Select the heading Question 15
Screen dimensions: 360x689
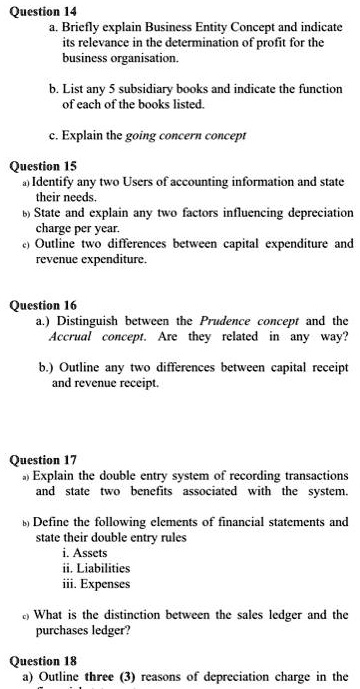[x=41, y=166]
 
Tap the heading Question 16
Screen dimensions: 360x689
[x=41, y=304]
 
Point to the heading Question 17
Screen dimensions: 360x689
[x=41, y=461]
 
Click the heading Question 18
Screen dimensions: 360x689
[x=41, y=661]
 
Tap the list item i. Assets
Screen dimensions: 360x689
[x=82, y=552]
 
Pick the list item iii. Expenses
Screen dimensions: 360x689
[x=93, y=584]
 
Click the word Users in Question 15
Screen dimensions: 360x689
[x=131, y=182]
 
